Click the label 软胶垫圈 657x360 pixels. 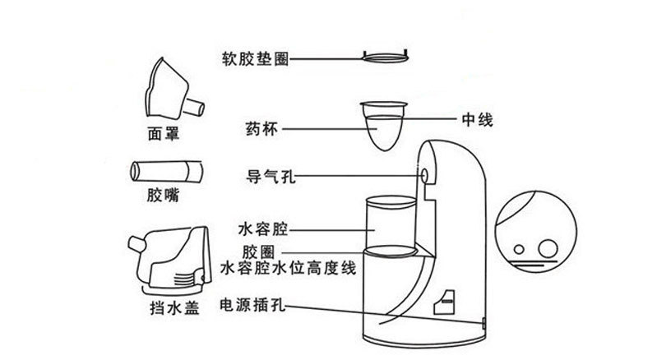click(254, 59)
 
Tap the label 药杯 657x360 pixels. click(260, 128)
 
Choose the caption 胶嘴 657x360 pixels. click(164, 197)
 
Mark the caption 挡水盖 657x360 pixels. click(164, 307)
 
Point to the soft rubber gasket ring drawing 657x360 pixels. click(386, 58)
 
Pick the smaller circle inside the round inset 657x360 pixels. click(520, 249)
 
